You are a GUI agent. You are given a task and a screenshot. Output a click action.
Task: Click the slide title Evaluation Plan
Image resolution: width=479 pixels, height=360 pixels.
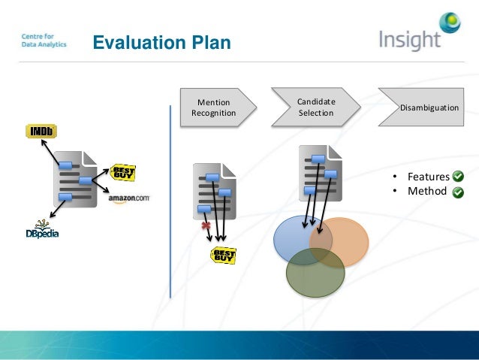(161, 42)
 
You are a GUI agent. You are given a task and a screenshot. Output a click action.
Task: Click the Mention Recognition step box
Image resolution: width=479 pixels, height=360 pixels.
(215, 107)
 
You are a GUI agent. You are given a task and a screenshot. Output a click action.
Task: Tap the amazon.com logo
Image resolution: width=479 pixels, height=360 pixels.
(129, 199)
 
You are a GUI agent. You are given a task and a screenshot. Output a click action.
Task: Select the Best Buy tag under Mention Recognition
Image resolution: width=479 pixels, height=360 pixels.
(223, 256)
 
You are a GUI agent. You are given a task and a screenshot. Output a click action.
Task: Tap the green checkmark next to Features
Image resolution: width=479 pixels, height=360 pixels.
(458, 177)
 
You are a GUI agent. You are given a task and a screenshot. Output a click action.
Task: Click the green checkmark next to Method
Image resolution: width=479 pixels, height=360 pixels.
(458, 192)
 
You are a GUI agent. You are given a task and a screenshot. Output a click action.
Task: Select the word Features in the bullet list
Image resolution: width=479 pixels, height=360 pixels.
(428, 177)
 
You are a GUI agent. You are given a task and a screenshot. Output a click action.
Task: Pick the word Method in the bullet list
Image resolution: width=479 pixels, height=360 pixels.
(426, 192)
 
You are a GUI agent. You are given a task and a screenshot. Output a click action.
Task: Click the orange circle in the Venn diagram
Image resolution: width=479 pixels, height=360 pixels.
(347, 241)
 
